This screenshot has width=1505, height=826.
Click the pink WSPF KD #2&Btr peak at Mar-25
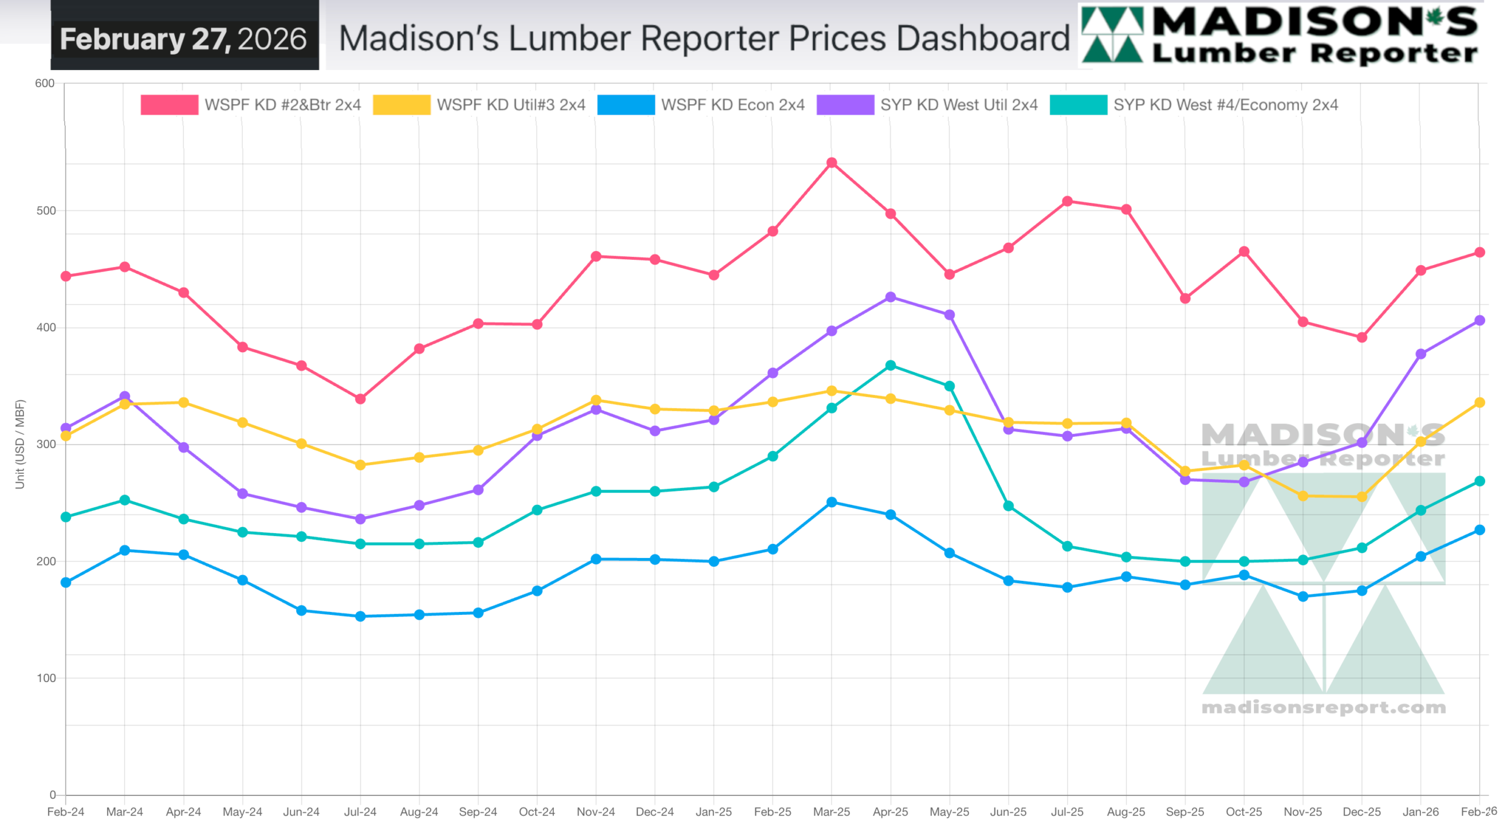[831, 163]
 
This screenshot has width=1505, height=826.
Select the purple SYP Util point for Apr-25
[890, 297]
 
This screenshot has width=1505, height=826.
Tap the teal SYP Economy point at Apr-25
[890, 366]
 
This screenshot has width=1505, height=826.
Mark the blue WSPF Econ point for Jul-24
[360, 616]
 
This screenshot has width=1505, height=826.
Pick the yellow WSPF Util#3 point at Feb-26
[1479, 403]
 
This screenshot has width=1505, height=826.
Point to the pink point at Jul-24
[360, 399]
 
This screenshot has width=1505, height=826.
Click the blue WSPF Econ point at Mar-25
[831, 503]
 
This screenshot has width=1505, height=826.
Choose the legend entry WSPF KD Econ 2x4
[732, 105]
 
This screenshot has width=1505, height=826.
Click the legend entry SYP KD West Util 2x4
[958, 105]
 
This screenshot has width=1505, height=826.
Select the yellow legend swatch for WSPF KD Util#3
[402, 105]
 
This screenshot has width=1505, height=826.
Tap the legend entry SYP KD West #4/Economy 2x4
[1225, 105]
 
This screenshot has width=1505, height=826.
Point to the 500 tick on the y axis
[46, 211]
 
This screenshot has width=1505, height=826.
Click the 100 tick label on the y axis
[46, 678]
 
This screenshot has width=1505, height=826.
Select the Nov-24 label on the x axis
[596, 812]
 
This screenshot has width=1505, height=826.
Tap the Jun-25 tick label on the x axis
[1008, 812]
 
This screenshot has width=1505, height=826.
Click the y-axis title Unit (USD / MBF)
[20, 444]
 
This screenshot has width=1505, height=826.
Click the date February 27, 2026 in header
[183, 39]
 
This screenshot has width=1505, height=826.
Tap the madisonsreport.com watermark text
[1323, 707]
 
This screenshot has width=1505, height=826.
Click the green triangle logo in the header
[1112, 35]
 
